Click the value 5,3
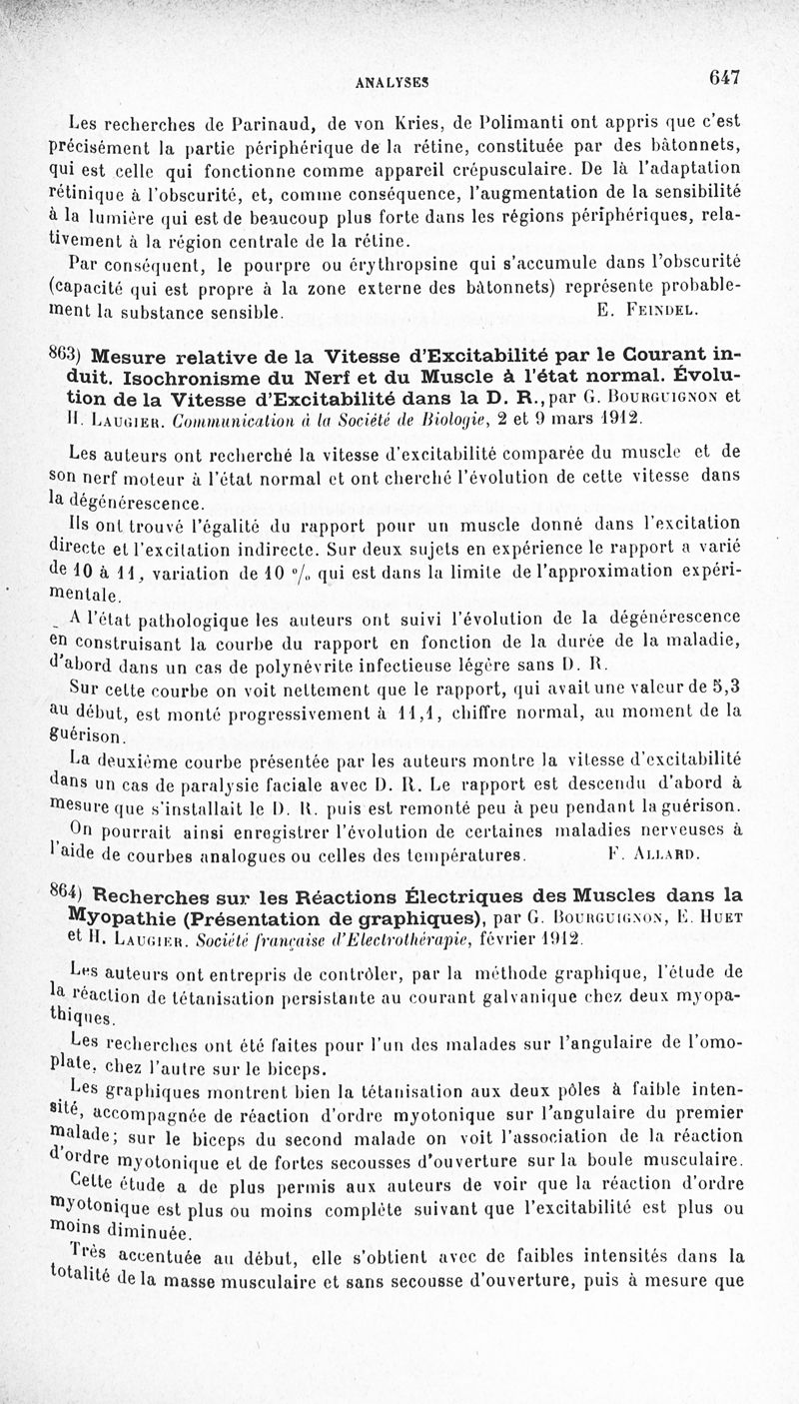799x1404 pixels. pos(725,687)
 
